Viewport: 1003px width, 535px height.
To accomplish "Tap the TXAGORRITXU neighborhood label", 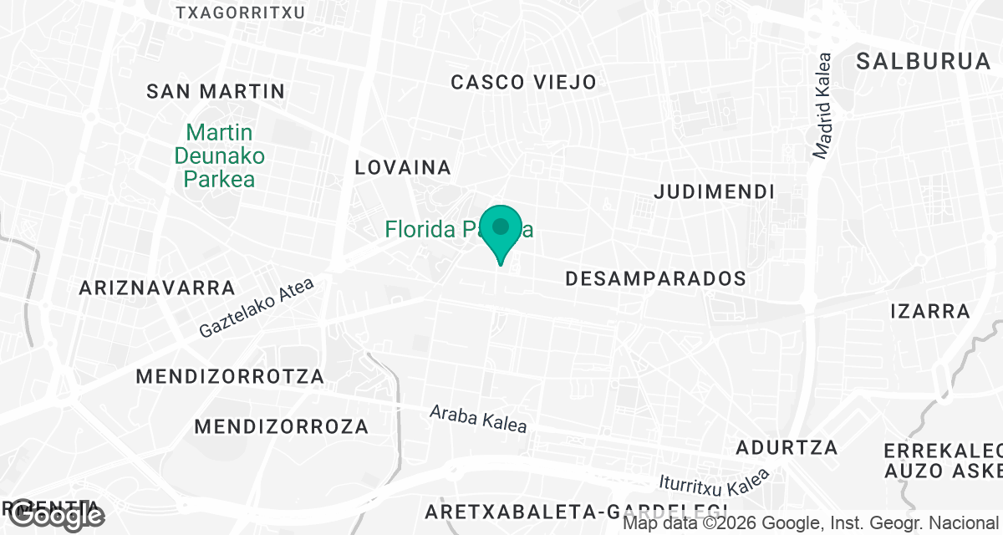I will [x=241, y=13].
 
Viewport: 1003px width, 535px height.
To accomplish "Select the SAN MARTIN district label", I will [x=216, y=91].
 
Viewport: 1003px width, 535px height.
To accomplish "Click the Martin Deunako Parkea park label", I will [x=219, y=155].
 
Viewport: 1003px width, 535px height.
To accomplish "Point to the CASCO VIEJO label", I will [x=523, y=82].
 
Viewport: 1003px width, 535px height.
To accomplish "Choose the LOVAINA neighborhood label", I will [x=403, y=167].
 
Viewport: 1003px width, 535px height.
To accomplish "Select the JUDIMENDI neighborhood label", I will [x=714, y=192].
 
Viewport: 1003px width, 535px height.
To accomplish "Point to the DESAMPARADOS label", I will [x=655, y=278].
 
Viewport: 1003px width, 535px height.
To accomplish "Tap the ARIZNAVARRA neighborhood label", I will [x=157, y=288].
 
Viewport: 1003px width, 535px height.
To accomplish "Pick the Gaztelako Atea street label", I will [x=257, y=308].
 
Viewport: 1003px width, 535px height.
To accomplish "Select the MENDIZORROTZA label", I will [x=230, y=377].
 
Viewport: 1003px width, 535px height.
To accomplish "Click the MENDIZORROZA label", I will [x=281, y=427].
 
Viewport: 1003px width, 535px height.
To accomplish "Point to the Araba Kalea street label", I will [x=478, y=419].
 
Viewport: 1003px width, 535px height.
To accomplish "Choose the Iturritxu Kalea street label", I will [x=713, y=484].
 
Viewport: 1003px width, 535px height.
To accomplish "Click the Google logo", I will [x=55, y=516].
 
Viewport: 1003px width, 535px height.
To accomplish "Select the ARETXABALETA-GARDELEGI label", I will [x=577, y=511].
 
